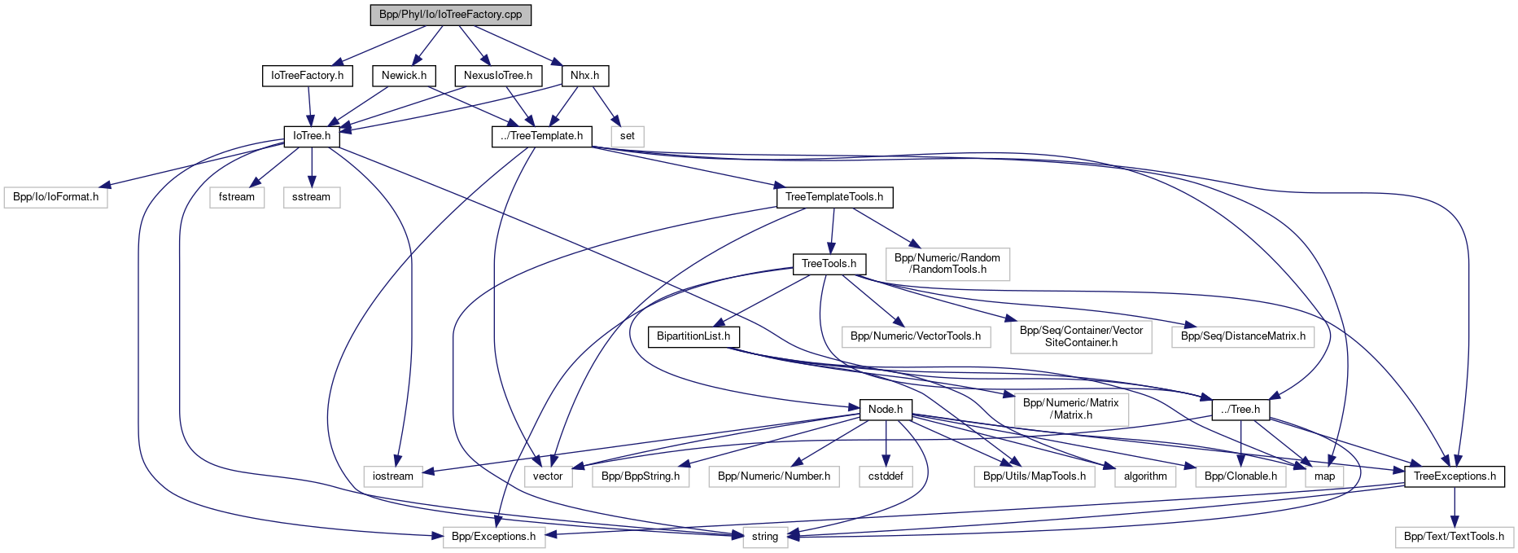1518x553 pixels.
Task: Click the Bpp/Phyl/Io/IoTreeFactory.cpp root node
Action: tap(450, 15)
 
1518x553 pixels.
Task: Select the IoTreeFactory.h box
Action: tap(307, 76)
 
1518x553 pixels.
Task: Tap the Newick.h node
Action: tap(404, 76)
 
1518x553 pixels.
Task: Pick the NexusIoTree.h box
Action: tap(498, 76)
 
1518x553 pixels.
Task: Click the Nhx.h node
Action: tap(584, 76)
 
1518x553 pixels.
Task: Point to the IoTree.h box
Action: tap(312, 136)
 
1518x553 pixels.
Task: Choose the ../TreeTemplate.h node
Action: tap(542, 136)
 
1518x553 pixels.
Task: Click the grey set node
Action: tap(627, 136)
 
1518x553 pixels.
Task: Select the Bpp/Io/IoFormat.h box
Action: tap(56, 197)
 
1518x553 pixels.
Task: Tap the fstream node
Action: tap(237, 197)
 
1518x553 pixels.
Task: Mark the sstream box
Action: tap(312, 197)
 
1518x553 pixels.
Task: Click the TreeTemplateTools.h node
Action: tap(834, 197)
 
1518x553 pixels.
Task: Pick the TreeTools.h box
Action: tap(829, 264)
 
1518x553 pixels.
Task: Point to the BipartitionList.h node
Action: tap(693, 336)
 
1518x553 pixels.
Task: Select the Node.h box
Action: tap(886, 410)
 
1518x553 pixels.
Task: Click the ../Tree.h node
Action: tap(1240, 410)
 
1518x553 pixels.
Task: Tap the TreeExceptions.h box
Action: tap(1455, 476)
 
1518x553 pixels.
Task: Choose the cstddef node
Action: tap(886, 476)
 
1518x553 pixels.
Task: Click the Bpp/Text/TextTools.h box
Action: tap(1454, 537)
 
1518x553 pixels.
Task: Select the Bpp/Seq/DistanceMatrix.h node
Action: tap(1243, 336)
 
